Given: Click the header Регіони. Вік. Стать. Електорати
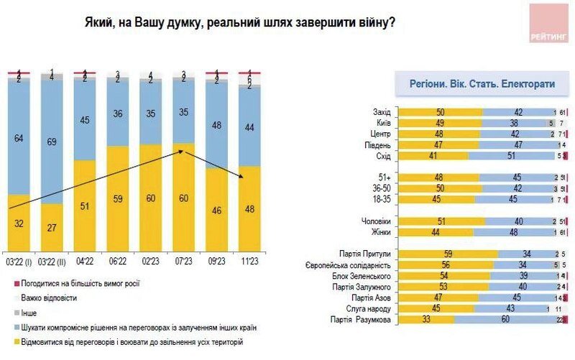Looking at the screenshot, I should [x=482, y=83].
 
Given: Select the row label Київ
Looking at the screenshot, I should [x=383, y=123].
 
